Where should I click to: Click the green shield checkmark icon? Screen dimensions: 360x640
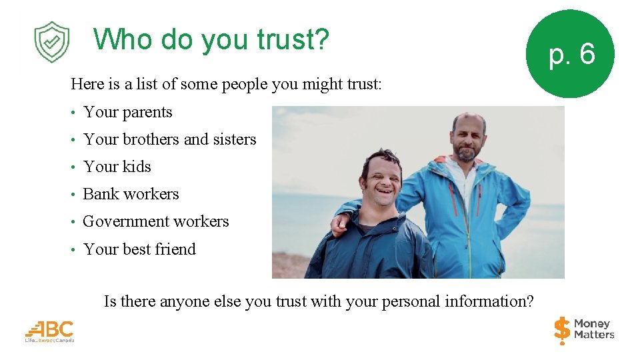tap(51, 42)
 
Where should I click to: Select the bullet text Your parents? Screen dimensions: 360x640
tap(127, 112)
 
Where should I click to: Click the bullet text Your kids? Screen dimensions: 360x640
tap(117, 167)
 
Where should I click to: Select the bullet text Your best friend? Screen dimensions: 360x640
tap(139, 249)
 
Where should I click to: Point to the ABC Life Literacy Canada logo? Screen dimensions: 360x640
tap(49, 331)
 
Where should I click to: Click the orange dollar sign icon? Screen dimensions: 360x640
tap(562, 330)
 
